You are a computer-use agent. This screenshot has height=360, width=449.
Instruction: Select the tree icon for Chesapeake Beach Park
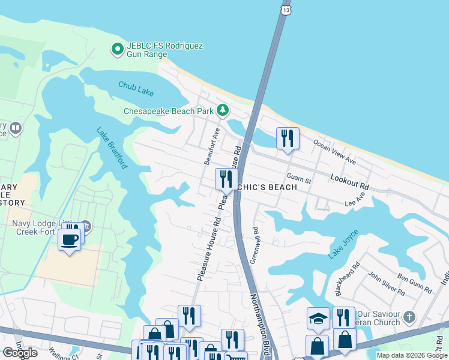(x=223, y=110)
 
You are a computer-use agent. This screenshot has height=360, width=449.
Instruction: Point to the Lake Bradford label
(x=112, y=148)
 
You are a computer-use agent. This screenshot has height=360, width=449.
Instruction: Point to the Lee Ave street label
(x=355, y=200)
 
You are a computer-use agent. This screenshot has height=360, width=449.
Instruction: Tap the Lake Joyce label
(x=343, y=244)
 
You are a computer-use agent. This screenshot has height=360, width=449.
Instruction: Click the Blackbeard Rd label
(x=346, y=278)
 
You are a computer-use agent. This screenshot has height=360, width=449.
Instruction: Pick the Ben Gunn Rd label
(x=415, y=284)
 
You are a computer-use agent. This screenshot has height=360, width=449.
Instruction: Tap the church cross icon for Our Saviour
(x=409, y=316)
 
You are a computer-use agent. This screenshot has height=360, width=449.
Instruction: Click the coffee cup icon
(x=70, y=240)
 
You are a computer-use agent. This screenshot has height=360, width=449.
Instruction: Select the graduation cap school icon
(x=318, y=319)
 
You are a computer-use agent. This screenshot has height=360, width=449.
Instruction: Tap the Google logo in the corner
(x=19, y=353)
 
